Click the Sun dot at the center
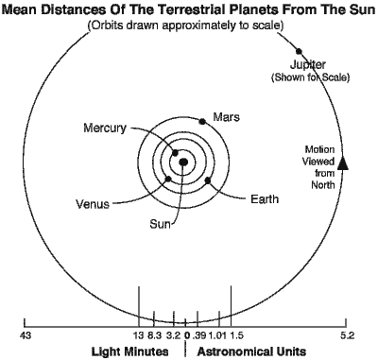pyautogui.click(x=183, y=163)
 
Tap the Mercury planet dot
pyautogui.click(x=175, y=153)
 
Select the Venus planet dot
pyautogui.click(x=168, y=178)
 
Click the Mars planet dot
pyautogui.click(x=202, y=120)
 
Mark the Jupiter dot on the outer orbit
pyautogui.click(x=300, y=51)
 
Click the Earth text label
pyautogui.click(x=265, y=198)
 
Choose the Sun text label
pyautogui.click(x=162, y=225)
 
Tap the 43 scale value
pyautogui.click(x=26, y=335)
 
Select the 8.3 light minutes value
pyautogui.click(x=156, y=335)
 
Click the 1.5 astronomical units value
pyautogui.click(x=236, y=335)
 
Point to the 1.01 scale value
pyautogui.click(x=216, y=335)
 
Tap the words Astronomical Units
pyautogui.click(x=251, y=351)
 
